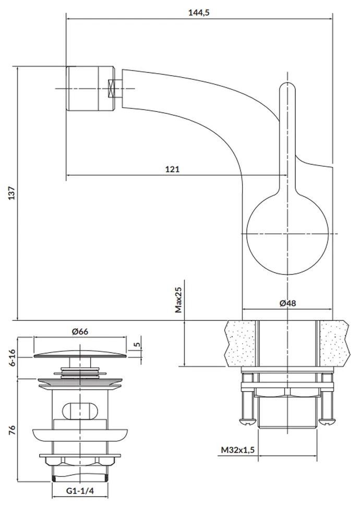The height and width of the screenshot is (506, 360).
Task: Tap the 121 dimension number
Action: (173, 169)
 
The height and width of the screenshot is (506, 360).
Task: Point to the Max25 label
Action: (178, 299)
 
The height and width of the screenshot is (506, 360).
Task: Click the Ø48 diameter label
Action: (287, 303)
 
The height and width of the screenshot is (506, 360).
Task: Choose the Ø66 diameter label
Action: (80, 331)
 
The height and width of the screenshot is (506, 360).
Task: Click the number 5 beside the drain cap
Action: (136, 345)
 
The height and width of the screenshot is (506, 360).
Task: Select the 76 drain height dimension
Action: (12, 430)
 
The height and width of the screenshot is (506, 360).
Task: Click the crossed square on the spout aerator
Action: (112, 87)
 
